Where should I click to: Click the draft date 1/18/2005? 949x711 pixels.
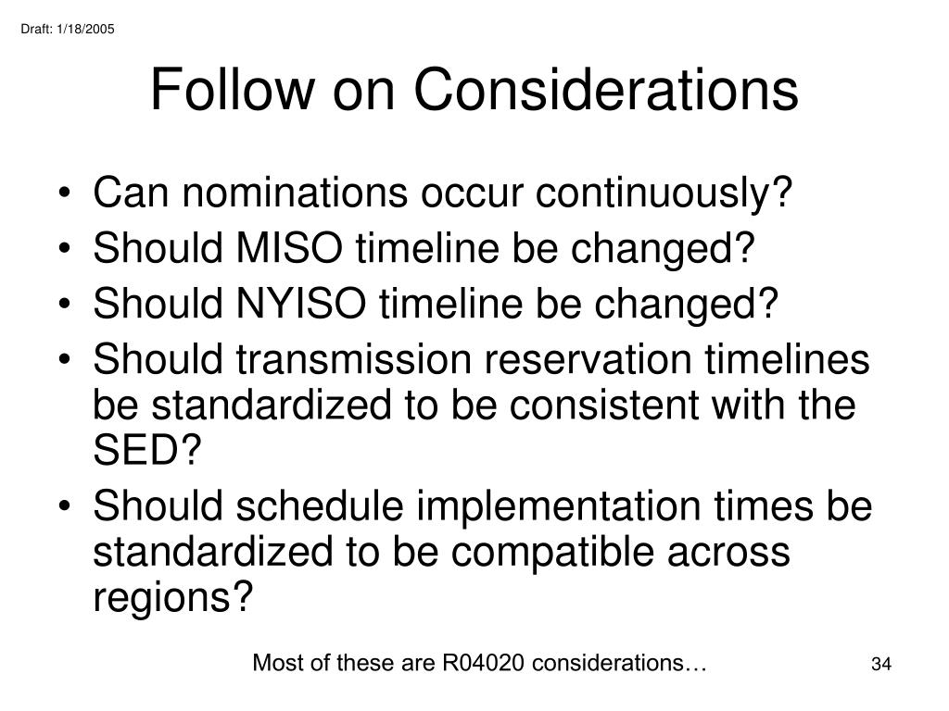point(85,29)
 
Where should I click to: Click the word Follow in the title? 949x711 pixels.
point(233,90)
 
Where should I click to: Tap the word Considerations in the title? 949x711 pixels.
point(606,90)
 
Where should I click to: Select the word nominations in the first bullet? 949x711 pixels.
point(295,193)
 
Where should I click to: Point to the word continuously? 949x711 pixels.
point(664,193)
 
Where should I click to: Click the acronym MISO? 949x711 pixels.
point(289,248)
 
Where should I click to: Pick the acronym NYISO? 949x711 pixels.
point(301,304)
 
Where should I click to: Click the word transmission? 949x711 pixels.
point(353,359)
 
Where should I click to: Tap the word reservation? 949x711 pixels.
point(588,359)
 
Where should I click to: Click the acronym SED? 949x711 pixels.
point(147,450)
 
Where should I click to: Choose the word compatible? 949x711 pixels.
point(552,553)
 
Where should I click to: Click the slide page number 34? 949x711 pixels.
point(881,664)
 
